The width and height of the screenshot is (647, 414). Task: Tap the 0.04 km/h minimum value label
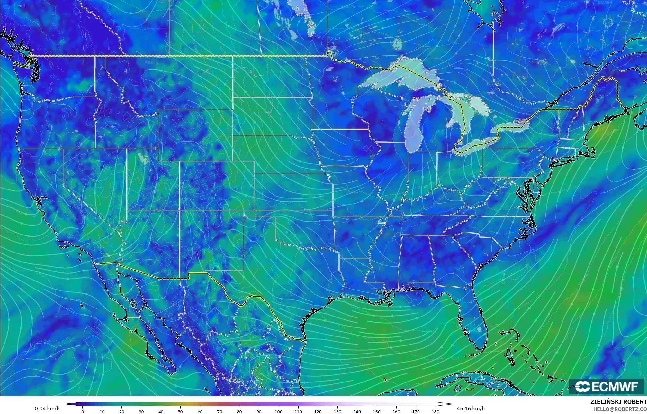click(47, 409)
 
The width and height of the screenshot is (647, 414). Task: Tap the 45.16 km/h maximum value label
click(471, 409)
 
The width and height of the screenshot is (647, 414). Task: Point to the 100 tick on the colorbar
click(278, 412)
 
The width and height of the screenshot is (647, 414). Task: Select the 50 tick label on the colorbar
click(181, 412)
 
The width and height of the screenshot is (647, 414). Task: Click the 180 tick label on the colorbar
click(435, 412)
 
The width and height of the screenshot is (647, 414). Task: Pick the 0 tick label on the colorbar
click(83, 412)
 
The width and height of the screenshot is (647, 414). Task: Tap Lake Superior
click(395, 77)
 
